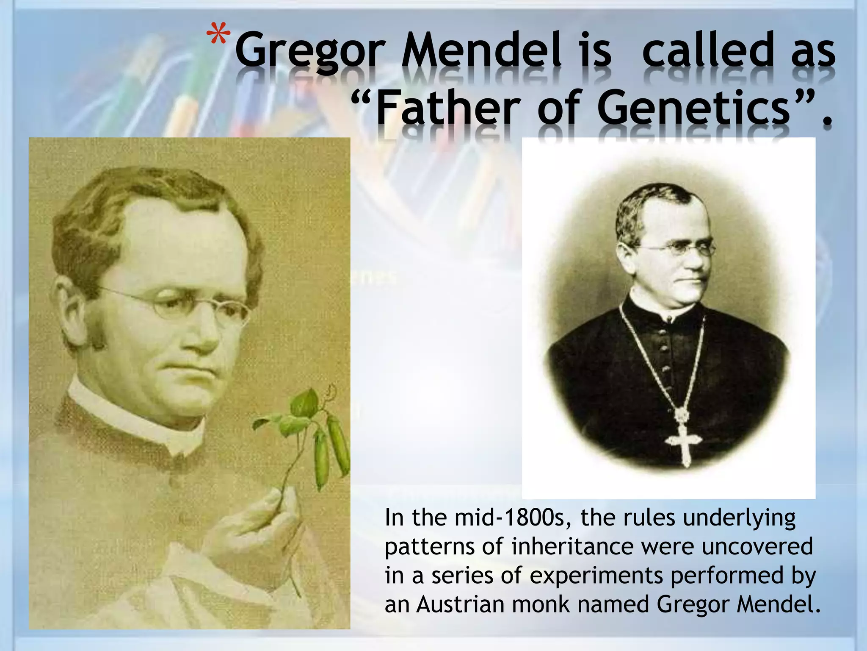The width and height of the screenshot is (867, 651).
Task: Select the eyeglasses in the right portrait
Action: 679,249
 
